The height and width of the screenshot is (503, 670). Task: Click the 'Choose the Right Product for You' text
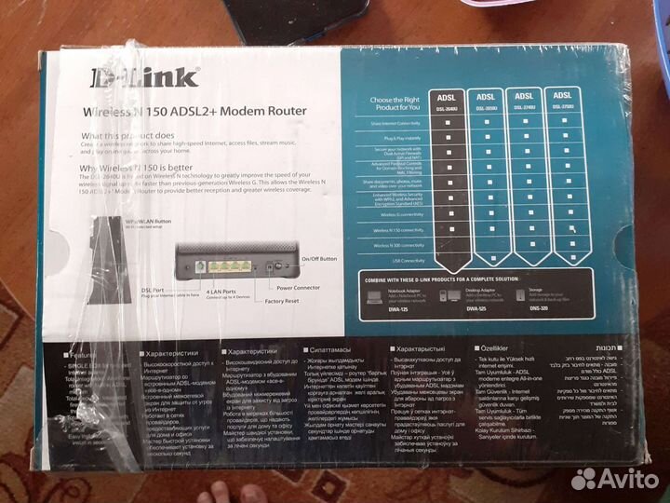click(395, 102)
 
